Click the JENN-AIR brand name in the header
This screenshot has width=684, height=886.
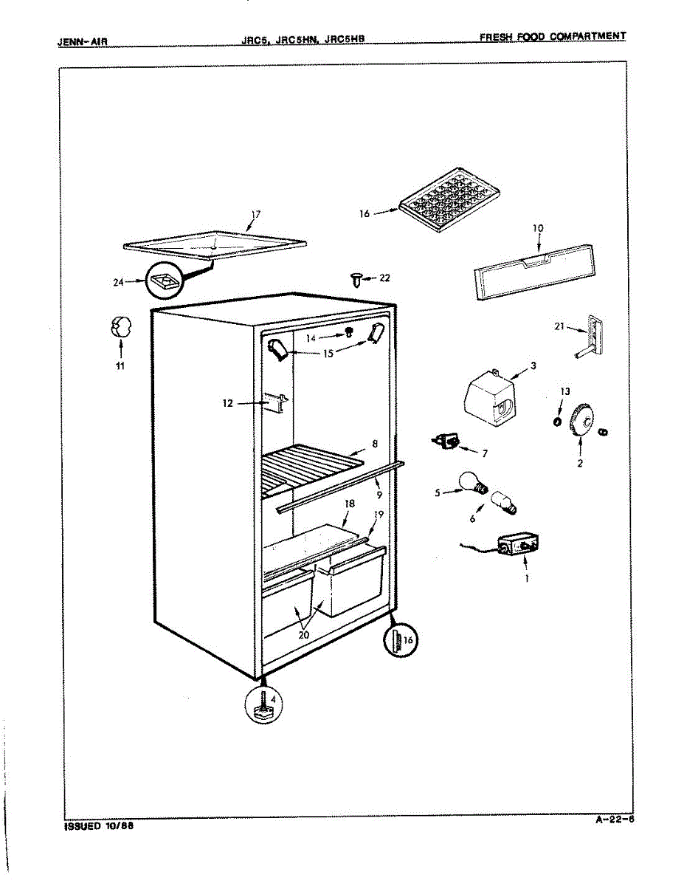[x=83, y=41]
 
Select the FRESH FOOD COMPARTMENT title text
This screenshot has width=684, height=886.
[x=552, y=36]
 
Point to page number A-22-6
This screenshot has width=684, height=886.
[x=615, y=819]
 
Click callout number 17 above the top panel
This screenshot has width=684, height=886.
[x=255, y=215]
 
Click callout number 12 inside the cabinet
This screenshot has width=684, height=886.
[x=227, y=404]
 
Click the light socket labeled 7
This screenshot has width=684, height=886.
[x=446, y=442]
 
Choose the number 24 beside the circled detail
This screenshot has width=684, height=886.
[x=118, y=281]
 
